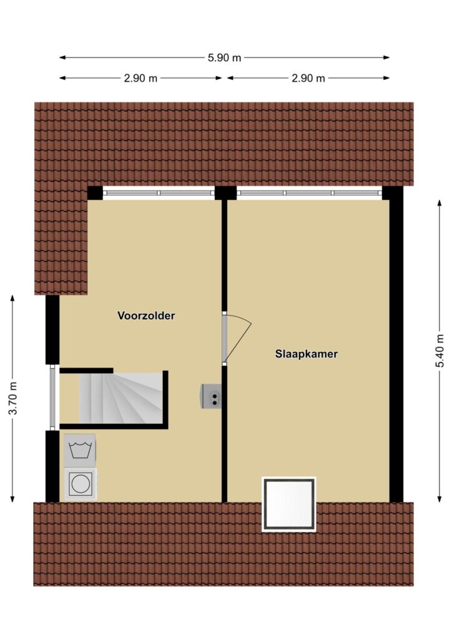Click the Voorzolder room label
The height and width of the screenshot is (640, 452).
click(x=146, y=316)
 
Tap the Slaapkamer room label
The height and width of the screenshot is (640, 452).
click(x=306, y=354)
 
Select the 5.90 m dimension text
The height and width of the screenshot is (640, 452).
click(x=225, y=58)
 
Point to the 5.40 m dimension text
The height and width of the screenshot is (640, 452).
click(x=440, y=351)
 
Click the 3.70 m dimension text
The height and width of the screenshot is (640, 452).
click(x=13, y=398)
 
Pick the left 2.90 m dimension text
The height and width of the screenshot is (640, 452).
click(x=140, y=78)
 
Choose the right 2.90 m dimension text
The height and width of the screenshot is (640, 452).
click(x=308, y=78)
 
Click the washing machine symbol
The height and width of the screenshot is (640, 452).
click(x=79, y=450)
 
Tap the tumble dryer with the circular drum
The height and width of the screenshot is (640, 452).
click(x=81, y=484)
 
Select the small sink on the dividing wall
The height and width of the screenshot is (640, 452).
click(x=211, y=396)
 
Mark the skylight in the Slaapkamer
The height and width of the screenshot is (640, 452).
click(x=289, y=504)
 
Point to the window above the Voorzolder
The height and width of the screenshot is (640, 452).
click(x=159, y=193)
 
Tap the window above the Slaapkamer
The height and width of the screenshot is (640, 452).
click(x=310, y=193)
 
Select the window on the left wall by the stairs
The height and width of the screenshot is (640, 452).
click(x=52, y=397)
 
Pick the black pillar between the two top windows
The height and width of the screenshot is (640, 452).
click(x=225, y=193)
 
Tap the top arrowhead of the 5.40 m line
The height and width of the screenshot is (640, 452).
click(x=440, y=203)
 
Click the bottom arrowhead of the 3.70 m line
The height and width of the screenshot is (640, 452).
click(x=12, y=499)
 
